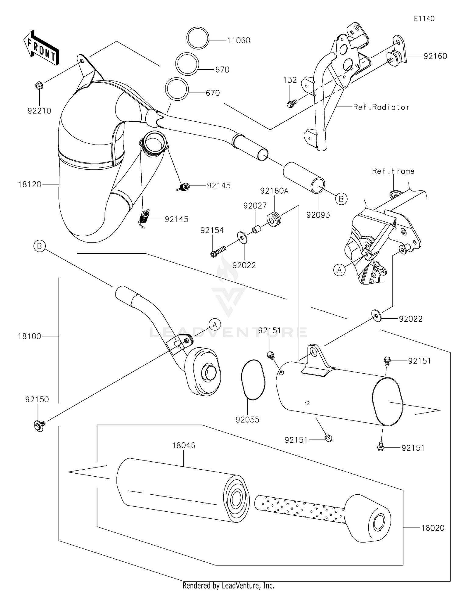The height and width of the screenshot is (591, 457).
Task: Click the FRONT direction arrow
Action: tap(41, 48)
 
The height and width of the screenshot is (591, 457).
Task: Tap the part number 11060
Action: tap(239, 41)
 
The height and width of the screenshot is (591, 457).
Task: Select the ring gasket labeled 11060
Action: tap(198, 38)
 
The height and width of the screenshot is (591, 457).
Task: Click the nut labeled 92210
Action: tap(39, 86)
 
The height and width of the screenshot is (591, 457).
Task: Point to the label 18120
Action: tap(30, 184)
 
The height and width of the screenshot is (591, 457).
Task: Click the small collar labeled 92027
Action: tap(256, 229)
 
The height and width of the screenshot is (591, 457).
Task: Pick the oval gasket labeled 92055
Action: tap(253, 380)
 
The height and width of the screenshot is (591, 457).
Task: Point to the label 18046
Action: tap(183, 446)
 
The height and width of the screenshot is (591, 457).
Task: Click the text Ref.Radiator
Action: tap(381, 107)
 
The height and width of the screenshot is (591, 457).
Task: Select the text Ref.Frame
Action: tap(393, 171)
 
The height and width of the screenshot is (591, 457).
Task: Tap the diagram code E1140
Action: tap(424, 19)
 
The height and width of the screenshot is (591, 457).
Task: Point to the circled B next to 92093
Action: tap(341, 199)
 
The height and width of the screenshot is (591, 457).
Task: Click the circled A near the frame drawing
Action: tap(339, 270)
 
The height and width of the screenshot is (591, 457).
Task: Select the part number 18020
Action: tap(433, 528)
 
